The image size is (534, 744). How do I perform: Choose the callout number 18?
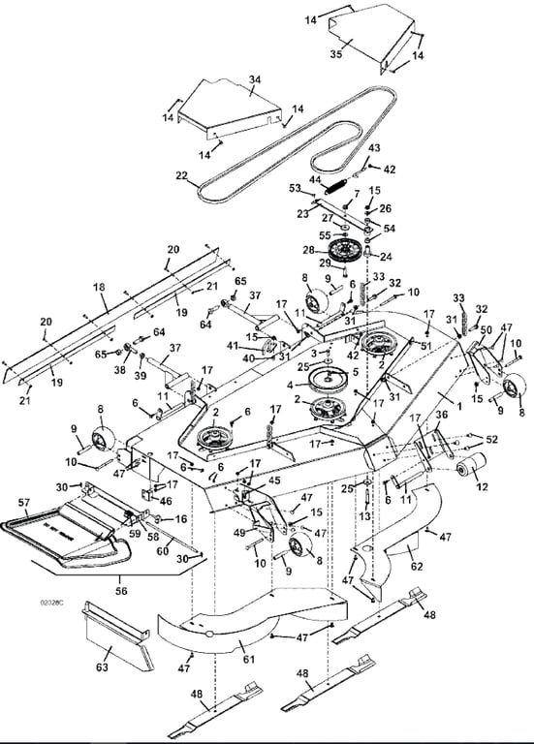point(99,289)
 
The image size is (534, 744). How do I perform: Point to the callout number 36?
point(442,416)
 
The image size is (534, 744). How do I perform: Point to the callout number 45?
point(274,480)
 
